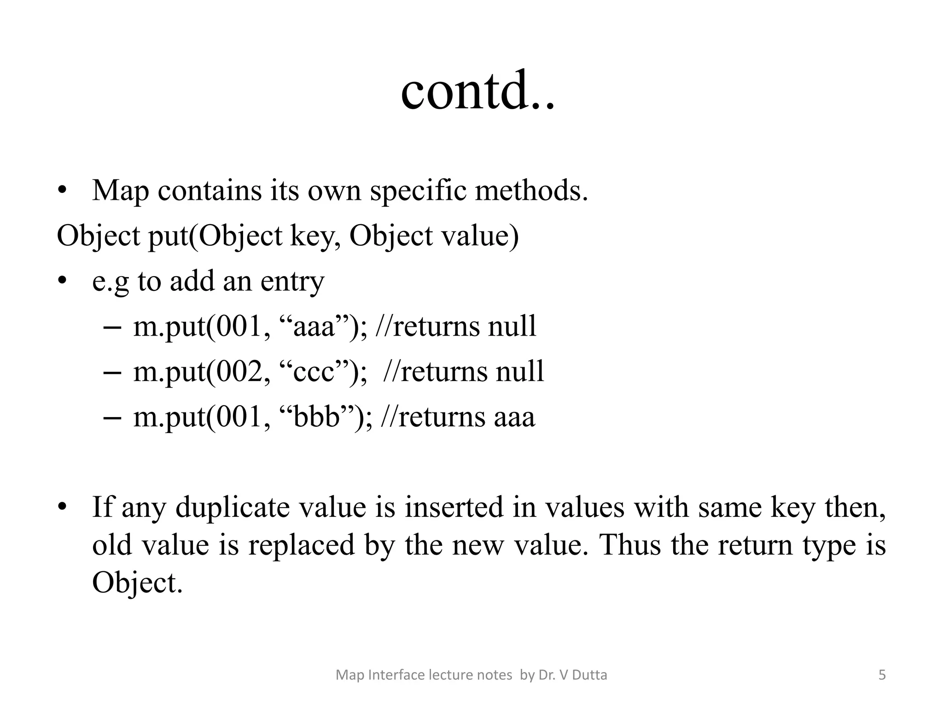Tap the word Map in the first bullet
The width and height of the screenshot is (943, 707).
coord(120,191)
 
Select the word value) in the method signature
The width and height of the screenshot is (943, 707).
coord(479,237)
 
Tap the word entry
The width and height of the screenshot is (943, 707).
coord(292,282)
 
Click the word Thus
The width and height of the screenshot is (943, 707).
coord(631,545)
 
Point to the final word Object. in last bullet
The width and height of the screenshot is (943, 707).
coord(137,583)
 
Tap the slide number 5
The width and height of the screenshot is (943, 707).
coord(882,675)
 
